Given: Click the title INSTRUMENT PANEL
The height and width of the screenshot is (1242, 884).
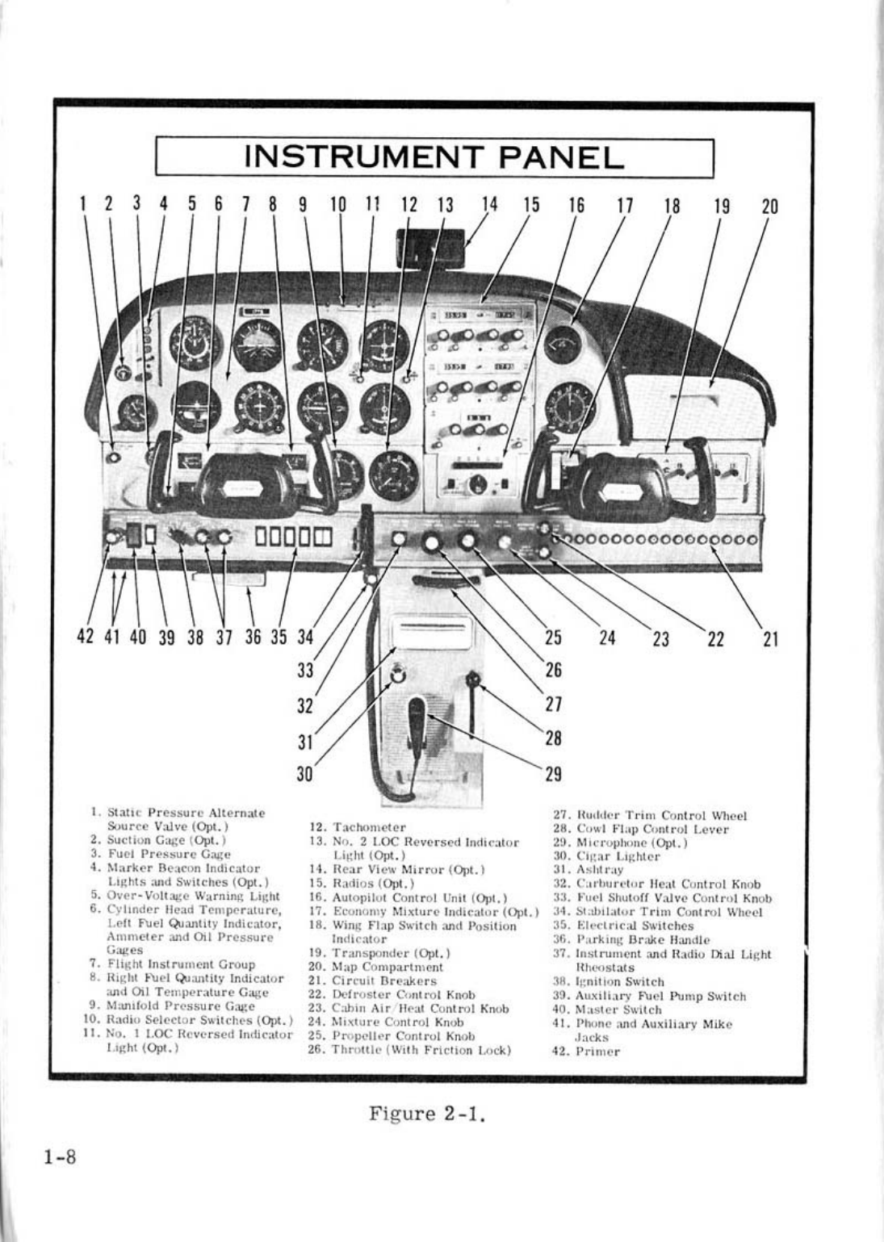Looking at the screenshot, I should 434,157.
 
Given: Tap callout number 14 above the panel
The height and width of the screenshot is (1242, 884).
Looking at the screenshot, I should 488,205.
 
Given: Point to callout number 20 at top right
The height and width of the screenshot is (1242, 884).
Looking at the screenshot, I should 769,206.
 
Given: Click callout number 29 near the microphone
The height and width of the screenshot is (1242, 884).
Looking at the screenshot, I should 553,775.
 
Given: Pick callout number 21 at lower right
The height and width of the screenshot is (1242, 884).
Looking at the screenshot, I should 769,639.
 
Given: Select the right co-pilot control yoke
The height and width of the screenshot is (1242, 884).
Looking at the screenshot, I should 622,487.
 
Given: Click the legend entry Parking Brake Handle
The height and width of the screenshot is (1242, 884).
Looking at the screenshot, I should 643,940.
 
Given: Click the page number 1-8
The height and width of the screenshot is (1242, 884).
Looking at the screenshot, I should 59,1157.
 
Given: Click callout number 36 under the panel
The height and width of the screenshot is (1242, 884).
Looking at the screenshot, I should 253,637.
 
